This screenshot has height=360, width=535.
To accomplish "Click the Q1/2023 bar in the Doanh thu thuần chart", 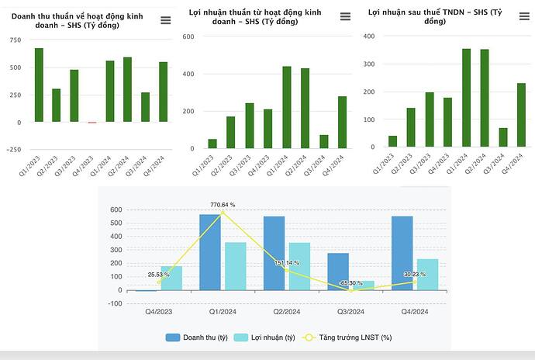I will tap(39, 85).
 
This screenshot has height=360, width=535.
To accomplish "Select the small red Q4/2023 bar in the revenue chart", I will tap(92, 123).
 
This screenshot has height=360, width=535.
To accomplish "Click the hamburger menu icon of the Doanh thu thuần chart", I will tap(165, 20).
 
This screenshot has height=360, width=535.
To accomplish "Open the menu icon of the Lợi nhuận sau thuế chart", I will tap(522, 20).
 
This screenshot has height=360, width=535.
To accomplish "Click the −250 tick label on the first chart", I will tap(13, 148).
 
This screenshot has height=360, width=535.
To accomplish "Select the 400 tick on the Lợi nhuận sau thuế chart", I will tap(368, 36).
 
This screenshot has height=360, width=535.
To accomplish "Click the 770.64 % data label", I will tap(223, 205).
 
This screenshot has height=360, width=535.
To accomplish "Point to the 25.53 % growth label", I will tap(159, 274).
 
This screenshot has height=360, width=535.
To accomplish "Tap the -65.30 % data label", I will tap(350, 283).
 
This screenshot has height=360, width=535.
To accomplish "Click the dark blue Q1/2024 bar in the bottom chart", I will tap(210, 252).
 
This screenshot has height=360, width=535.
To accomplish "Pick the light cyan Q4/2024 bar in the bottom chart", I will tap(427, 275).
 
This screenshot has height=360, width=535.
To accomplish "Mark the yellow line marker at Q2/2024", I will tap(286, 269).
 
